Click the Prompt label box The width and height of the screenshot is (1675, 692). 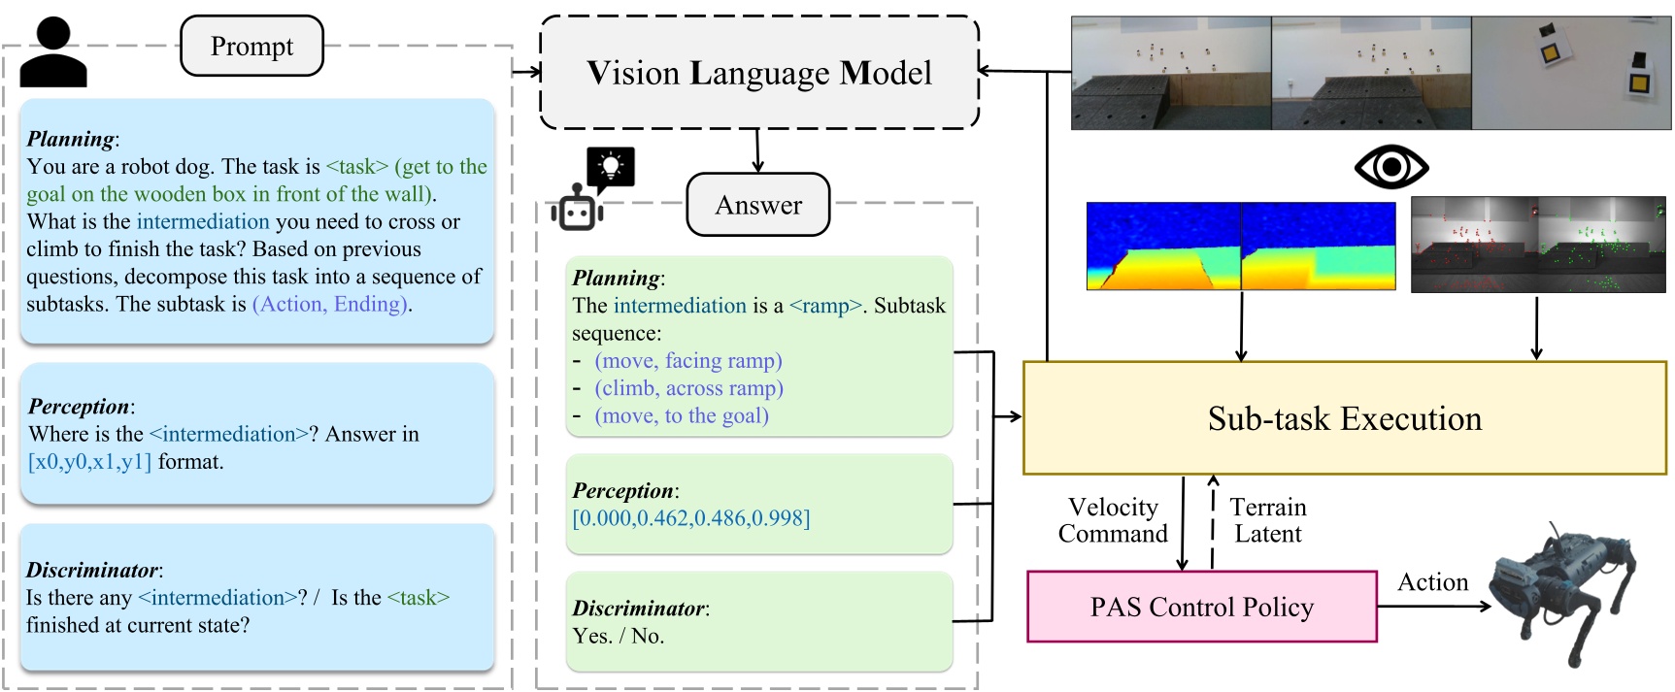pyautogui.click(x=251, y=47)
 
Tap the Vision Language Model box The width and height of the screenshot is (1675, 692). pyautogui.click(x=758, y=73)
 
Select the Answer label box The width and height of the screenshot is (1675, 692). pyautogui.click(x=758, y=205)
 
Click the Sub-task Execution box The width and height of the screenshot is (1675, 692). pyautogui.click(x=1345, y=418)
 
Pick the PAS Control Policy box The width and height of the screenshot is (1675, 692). pyautogui.click(x=1202, y=608)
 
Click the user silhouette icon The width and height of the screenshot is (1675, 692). pyautogui.click(x=53, y=52)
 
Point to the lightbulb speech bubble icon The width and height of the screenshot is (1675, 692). pyautogui.click(x=611, y=168)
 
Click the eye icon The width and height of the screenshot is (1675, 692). pyautogui.click(x=1390, y=168)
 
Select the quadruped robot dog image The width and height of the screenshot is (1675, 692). pyautogui.click(x=1563, y=592)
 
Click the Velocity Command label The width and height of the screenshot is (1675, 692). pyautogui.click(x=1113, y=521)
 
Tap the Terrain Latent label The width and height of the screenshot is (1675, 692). pyautogui.click(x=1268, y=521)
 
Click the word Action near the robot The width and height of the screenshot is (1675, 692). pyautogui.click(x=1432, y=582)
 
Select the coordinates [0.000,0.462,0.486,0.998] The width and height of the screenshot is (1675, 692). pyautogui.click(x=690, y=518)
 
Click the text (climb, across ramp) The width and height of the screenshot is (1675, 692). pyautogui.click(x=688, y=388)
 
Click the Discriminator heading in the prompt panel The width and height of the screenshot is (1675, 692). pyautogui.click(x=92, y=571)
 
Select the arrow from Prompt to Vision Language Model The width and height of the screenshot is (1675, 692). pyautogui.click(x=527, y=71)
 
